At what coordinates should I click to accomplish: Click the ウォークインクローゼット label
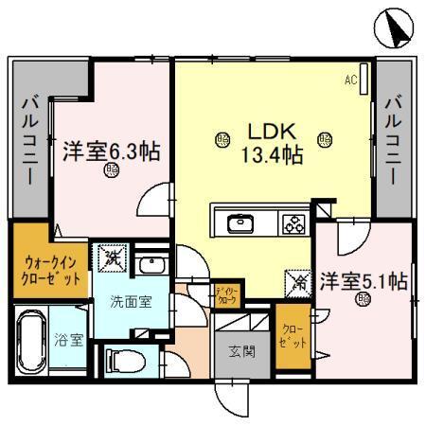50,270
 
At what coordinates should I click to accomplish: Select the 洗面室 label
128,305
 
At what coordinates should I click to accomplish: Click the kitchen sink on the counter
240,224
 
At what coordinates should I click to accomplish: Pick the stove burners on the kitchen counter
292,224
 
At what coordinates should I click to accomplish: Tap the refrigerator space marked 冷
295,280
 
